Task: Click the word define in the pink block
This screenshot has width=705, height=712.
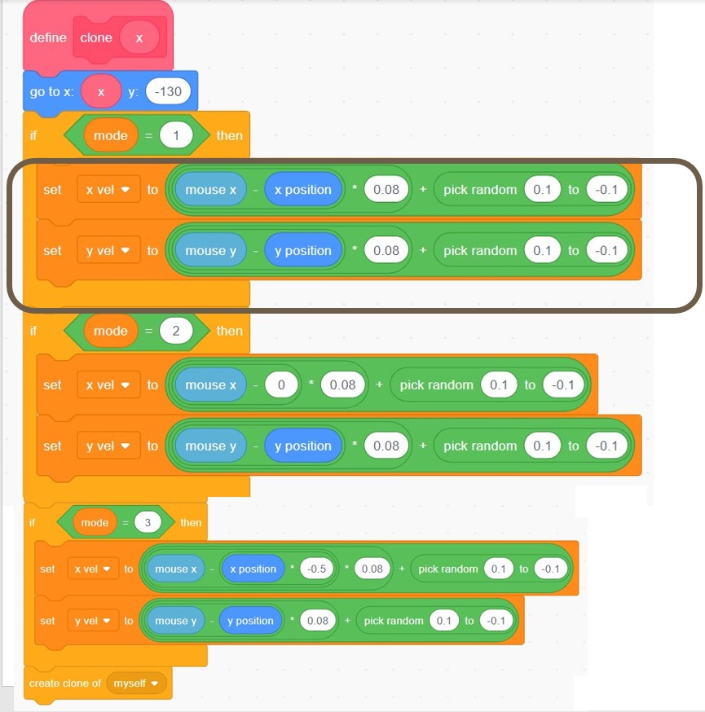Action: pos(48,37)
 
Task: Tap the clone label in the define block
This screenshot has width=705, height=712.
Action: pos(96,37)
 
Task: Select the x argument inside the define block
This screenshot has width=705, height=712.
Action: pos(139,37)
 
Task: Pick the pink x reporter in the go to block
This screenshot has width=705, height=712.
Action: pos(101,92)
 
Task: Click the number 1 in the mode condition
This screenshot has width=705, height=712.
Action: pos(176,135)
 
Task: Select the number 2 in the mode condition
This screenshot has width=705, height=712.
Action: pos(176,331)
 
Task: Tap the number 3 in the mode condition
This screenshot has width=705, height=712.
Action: pos(148,522)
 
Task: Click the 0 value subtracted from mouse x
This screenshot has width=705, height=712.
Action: pos(280,385)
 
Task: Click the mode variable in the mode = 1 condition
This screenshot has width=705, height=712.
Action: pos(111,135)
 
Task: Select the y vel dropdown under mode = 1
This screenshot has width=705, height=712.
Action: pos(108,251)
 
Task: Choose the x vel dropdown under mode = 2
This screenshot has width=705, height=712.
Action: pos(108,385)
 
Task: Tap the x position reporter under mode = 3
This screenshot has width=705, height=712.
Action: pos(253,569)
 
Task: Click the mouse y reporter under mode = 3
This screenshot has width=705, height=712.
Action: pos(177,621)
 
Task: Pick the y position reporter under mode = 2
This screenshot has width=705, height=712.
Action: pos(302,446)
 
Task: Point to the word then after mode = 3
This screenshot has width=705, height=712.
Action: pos(191,522)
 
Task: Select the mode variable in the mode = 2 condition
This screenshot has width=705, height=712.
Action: pos(111,331)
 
